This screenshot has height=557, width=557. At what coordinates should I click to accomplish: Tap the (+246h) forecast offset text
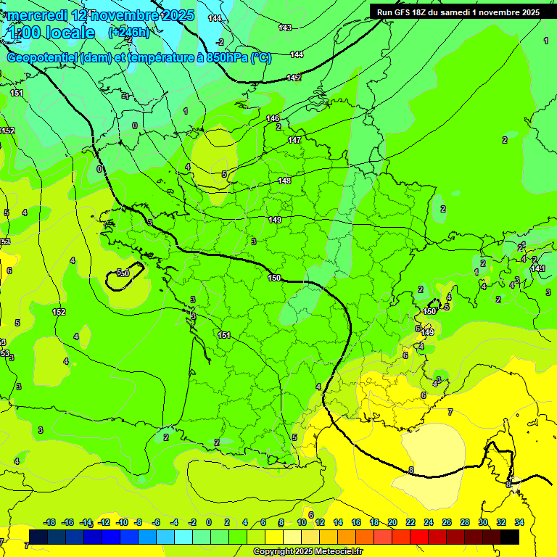(x=128, y=32)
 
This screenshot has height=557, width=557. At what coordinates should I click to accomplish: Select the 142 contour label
(x=294, y=78)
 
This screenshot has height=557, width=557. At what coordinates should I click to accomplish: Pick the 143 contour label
(x=285, y=28)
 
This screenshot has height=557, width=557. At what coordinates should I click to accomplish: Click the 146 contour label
(x=273, y=118)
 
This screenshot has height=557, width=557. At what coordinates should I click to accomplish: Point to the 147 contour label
(x=294, y=140)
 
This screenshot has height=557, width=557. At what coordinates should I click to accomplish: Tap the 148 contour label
(x=284, y=181)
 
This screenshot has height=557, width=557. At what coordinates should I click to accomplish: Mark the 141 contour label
(x=537, y=269)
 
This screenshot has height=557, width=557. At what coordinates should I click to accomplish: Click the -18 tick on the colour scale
(x=50, y=522)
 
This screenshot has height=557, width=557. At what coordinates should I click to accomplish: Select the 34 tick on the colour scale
(x=519, y=522)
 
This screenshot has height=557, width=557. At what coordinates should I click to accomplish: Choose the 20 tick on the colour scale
(x=392, y=522)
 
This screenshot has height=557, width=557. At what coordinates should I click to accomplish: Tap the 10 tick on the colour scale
(x=302, y=522)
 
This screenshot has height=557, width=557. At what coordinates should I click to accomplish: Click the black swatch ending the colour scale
(x=510, y=537)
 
